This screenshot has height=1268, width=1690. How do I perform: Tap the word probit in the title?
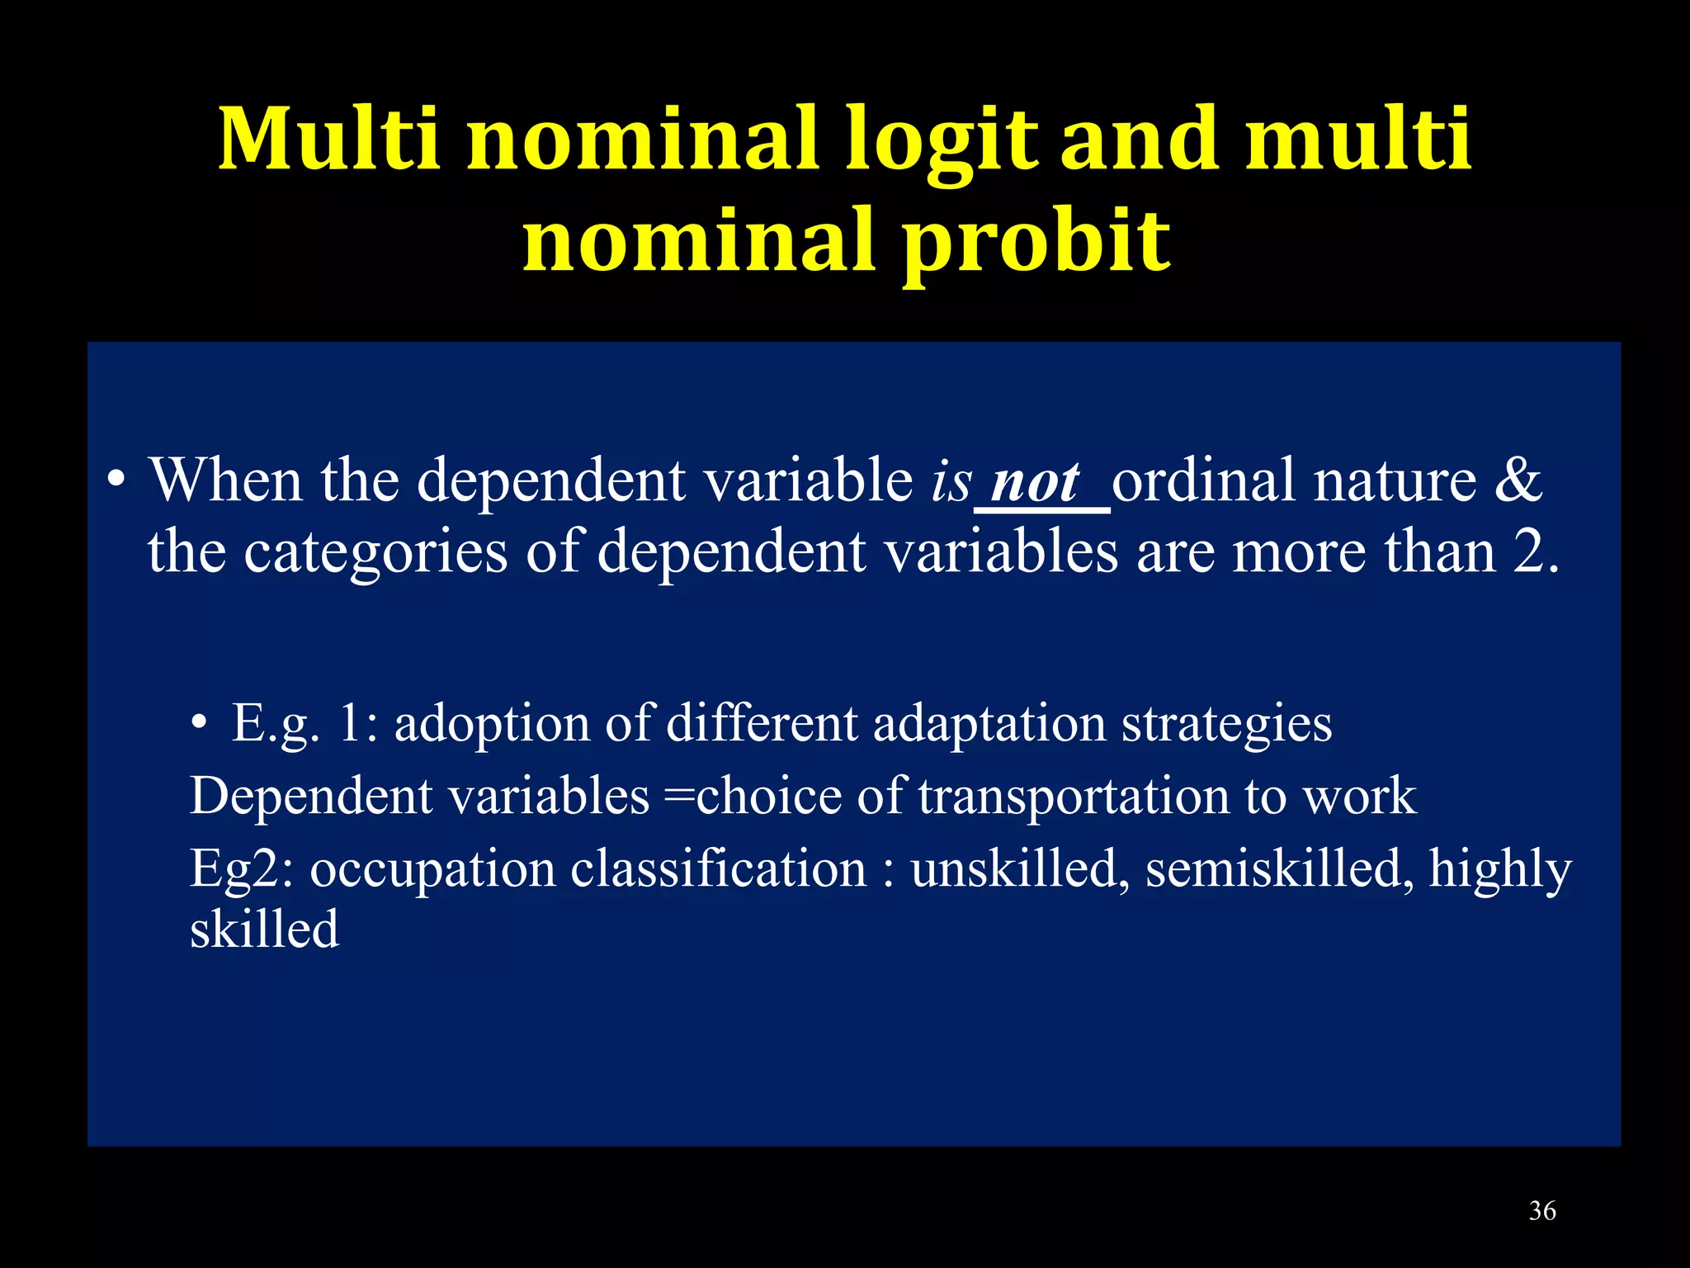(x=1036, y=241)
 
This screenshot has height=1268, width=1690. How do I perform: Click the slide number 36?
(x=1541, y=1211)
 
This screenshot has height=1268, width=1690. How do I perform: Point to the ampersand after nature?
(x=1517, y=480)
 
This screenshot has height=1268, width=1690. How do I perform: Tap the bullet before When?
(x=117, y=480)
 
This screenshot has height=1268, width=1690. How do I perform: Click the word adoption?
(x=492, y=724)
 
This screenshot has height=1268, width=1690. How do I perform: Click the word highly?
(x=1499, y=869)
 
